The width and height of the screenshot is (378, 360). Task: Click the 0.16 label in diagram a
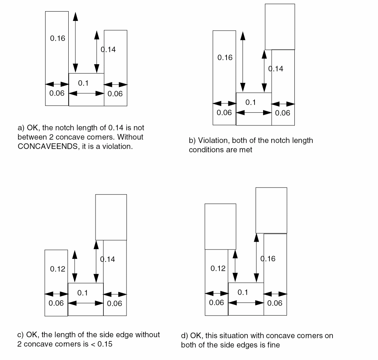coord(57,38)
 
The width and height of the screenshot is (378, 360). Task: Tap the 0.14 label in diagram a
coord(108,49)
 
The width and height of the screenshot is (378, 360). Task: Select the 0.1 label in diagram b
coord(250,102)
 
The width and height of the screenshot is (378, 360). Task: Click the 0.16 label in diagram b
coord(225,58)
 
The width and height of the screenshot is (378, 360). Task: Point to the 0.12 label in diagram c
coord(57,269)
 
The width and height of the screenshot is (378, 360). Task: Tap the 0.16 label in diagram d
coord(268,259)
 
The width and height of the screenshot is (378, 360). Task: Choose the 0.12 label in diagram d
coord(218,269)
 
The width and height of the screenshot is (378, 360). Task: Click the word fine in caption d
coord(272,345)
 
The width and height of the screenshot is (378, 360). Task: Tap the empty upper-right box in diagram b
coord(279,27)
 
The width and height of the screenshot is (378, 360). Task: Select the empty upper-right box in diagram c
coord(111,217)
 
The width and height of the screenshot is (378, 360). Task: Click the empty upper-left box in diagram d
coord(220,226)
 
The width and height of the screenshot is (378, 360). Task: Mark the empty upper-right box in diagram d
coord(271,210)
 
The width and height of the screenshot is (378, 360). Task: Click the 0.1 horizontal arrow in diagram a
coord(86,93)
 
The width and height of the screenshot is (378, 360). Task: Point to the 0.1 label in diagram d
coord(243,292)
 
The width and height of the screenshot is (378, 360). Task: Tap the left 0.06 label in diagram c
coord(56,303)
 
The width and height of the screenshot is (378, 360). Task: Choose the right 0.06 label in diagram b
coord(282,113)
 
